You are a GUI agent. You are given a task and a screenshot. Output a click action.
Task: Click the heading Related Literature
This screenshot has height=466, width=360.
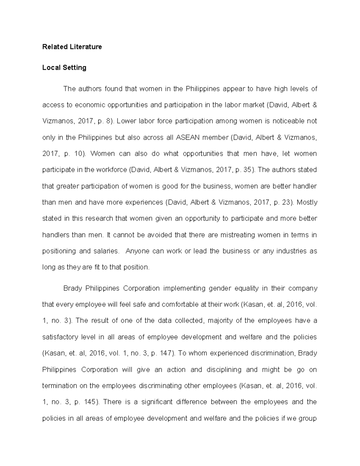tap(72, 47)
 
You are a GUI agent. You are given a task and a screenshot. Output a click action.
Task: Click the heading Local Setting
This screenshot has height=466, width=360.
tap(64, 68)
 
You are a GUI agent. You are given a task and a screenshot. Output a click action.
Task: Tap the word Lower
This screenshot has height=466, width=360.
tap(126, 121)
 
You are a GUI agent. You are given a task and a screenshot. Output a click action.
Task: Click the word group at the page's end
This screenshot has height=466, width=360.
tap(308, 418)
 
